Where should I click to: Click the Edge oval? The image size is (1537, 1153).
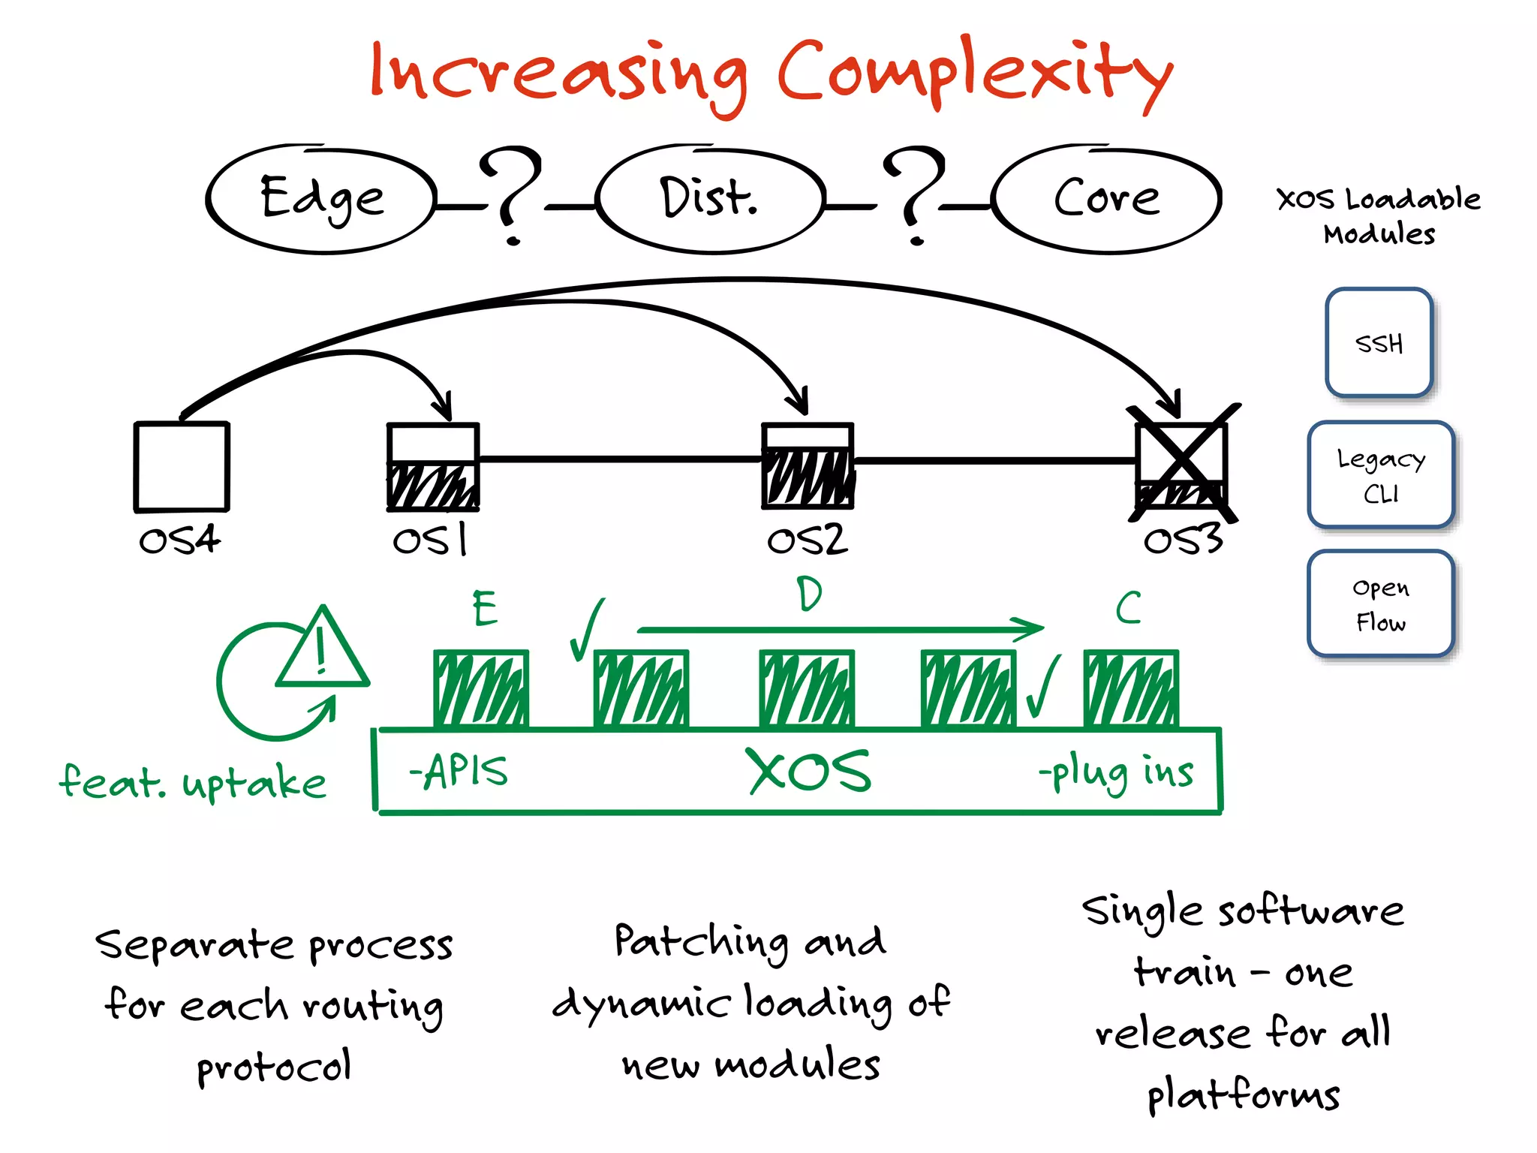pos(321,199)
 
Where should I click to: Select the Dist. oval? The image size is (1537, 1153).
pos(709,199)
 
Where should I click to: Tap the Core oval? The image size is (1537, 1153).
pos(1106,199)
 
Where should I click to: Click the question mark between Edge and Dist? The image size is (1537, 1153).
pos(510,194)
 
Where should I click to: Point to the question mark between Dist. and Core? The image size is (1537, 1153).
pos(914,194)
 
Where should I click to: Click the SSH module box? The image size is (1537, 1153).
pos(1379,343)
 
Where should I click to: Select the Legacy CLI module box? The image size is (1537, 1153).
pos(1380,474)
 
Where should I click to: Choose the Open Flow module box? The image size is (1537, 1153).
pos(1380,604)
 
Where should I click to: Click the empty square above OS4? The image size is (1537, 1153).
pos(182,466)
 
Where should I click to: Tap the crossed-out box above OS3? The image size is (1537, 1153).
pos(1182,464)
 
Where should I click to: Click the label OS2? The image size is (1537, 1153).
pos(807,540)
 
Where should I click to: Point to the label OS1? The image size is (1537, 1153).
pos(430,540)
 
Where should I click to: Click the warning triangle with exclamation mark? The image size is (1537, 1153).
pos(323,652)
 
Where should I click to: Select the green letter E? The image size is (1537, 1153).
pos(485,608)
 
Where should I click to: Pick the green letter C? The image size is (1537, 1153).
pos(1128,608)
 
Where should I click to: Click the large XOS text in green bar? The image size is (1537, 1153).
pos(809,771)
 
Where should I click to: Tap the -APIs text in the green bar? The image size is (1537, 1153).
pos(459,771)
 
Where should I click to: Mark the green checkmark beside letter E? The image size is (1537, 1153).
pos(586,631)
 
